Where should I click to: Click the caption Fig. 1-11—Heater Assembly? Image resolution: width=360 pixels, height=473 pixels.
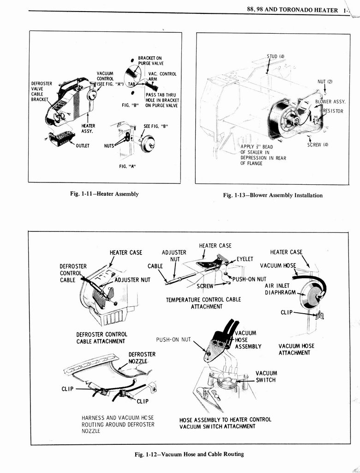[x=105, y=194]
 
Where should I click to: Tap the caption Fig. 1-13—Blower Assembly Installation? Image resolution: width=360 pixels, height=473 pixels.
[x=273, y=195]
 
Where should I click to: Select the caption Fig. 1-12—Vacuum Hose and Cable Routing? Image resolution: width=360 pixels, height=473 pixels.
[x=189, y=454]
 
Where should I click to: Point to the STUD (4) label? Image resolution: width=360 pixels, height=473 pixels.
[x=276, y=57]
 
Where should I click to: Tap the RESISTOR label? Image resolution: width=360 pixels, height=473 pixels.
[x=333, y=111]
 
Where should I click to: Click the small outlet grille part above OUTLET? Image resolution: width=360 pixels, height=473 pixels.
[x=61, y=138]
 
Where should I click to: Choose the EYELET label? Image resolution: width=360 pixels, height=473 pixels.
[x=245, y=259]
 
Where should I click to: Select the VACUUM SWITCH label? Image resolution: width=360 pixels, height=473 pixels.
[x=266, y=376]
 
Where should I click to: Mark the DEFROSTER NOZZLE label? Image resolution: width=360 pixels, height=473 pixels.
[x=142, y=358]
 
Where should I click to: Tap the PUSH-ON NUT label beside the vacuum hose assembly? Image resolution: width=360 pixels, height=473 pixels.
[x=173, y=340]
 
